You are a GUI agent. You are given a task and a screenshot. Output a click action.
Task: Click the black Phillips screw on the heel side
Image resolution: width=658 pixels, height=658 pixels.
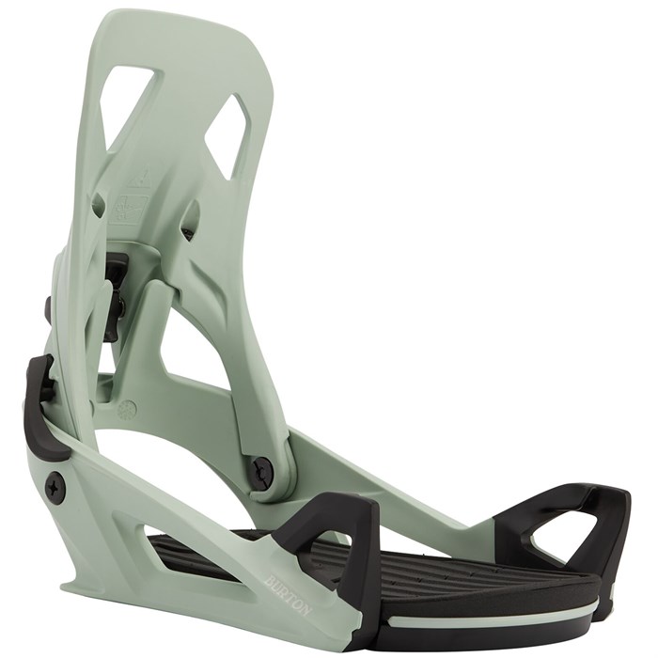(x=55, y=487)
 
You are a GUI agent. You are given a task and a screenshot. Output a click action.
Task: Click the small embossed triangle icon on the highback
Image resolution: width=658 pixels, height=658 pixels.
(x=133, y=179)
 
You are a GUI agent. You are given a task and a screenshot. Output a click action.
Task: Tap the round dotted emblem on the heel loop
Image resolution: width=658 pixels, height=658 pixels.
(x=129, y=409)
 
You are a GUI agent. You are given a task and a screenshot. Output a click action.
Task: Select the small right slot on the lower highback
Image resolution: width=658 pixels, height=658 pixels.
(x=190, y=218)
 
